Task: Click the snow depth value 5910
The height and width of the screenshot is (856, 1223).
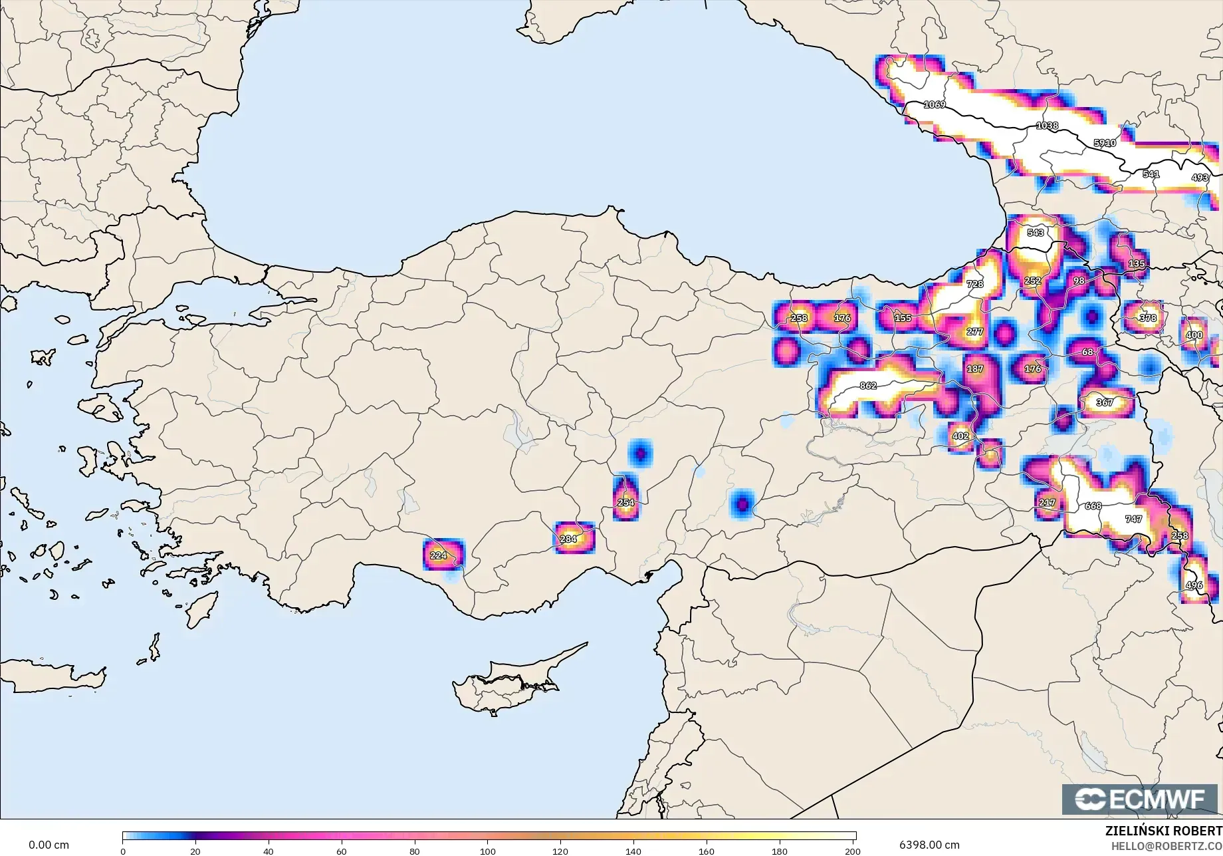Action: point(1105,143)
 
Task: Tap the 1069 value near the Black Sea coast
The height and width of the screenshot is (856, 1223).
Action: point(935,105)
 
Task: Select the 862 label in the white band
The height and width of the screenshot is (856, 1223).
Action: point(868,386)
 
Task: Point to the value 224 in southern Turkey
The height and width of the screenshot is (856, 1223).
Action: point(439,555)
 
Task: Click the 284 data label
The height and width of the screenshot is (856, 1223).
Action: point(568,539)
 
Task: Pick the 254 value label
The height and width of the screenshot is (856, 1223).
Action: point(625,503)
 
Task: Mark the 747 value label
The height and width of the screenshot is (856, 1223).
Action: point(1133,519)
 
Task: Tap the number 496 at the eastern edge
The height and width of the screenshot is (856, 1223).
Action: point(1194,586)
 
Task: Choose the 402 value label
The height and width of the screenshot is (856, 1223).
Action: point(960,436)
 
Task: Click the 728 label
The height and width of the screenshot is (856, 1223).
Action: point(974,284)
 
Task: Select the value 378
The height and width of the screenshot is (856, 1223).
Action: point(1148,318)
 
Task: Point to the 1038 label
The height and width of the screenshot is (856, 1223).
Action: point(1047,126)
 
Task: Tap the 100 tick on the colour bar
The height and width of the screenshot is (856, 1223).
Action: point(488,851)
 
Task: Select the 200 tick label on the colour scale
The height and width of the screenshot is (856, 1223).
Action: point(853,851)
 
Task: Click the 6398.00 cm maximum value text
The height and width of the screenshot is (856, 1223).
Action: point(929,845)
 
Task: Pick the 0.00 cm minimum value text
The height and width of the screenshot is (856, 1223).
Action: point(49,845)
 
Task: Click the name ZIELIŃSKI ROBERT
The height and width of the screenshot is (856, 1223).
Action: point(1163,831)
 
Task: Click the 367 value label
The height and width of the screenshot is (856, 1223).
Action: point(1105,402)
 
